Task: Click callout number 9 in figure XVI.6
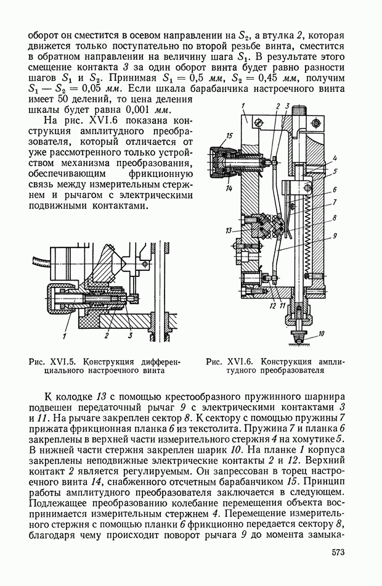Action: pyautogui.click(x=334, y=235)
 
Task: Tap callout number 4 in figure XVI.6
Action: pyautogui.click(x=333, y=159)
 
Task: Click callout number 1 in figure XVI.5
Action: pyautogui.click(x=64, y=336)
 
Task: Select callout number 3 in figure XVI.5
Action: pyautogui.click(x=130, y=336)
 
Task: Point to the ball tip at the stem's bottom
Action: pyautogui.click(x=298, y=338)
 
